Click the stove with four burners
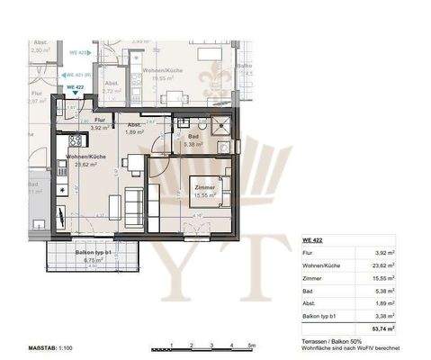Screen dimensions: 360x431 pyautogui.click(x=64, y=141)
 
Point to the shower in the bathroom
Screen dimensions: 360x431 pyautogui.click(x=218, y=124)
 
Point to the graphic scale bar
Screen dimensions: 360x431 pyautogui.click(x=205, y=346)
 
